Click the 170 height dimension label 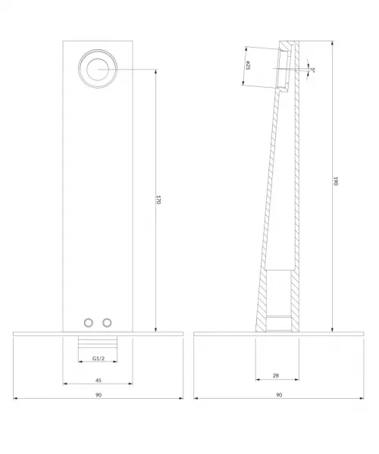coord(158,200)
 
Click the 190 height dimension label coord(336,181)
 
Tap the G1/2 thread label coord(99,359)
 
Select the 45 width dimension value coord(99,380)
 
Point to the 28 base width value coord(276,375)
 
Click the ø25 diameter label coord(248,65)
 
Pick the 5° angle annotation coord(312,70)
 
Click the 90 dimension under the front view coord(99,395)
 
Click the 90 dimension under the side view coord(279,395)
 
